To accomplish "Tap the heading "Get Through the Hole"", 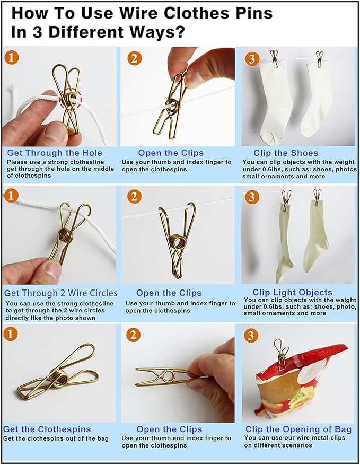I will (55, 153).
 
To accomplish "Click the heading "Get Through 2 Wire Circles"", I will (61, 293).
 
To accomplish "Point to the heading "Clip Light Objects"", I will (292, 292).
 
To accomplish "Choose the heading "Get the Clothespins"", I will (47, 429).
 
